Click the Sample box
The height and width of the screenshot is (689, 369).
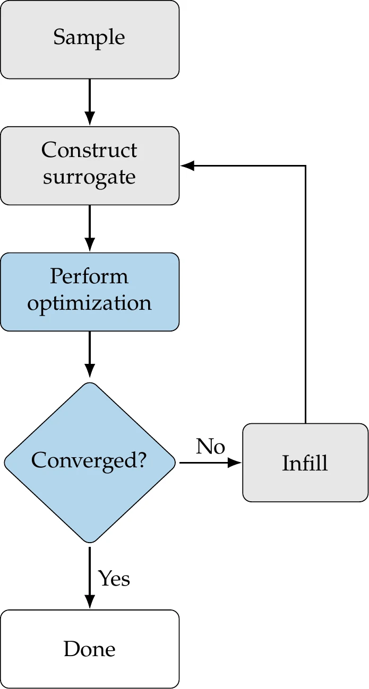click(89, 39)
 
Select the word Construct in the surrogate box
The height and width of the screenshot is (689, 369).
click(89, 151)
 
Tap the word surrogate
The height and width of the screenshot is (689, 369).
click(89, 177)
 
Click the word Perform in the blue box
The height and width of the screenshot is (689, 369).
click(89, 276)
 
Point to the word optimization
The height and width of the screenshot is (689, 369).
click(89, 303)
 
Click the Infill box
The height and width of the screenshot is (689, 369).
click(305, 463)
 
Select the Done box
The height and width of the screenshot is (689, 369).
click(89, 649)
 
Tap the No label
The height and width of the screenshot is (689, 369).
click(210, 447)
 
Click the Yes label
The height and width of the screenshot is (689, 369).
click(114, 578)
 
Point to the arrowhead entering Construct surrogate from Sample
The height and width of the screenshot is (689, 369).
click(90, 119)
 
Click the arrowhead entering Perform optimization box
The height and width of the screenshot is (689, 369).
click(90, 246)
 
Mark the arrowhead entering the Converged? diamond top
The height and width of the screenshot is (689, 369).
click(90, 371)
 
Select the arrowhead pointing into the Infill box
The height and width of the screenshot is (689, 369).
click(235, 463)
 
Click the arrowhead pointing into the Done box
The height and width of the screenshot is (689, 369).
click(90, 603)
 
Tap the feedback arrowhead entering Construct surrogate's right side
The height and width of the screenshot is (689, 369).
click(187, 166)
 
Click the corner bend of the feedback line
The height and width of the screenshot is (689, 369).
click(305, 166)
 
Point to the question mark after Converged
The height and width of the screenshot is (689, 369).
click(141, 460)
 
